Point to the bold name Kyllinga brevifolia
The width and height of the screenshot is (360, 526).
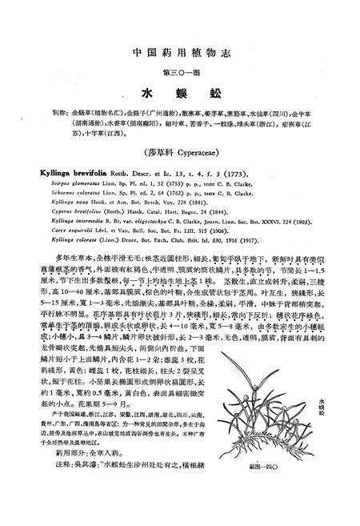click(x=69, y=171)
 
